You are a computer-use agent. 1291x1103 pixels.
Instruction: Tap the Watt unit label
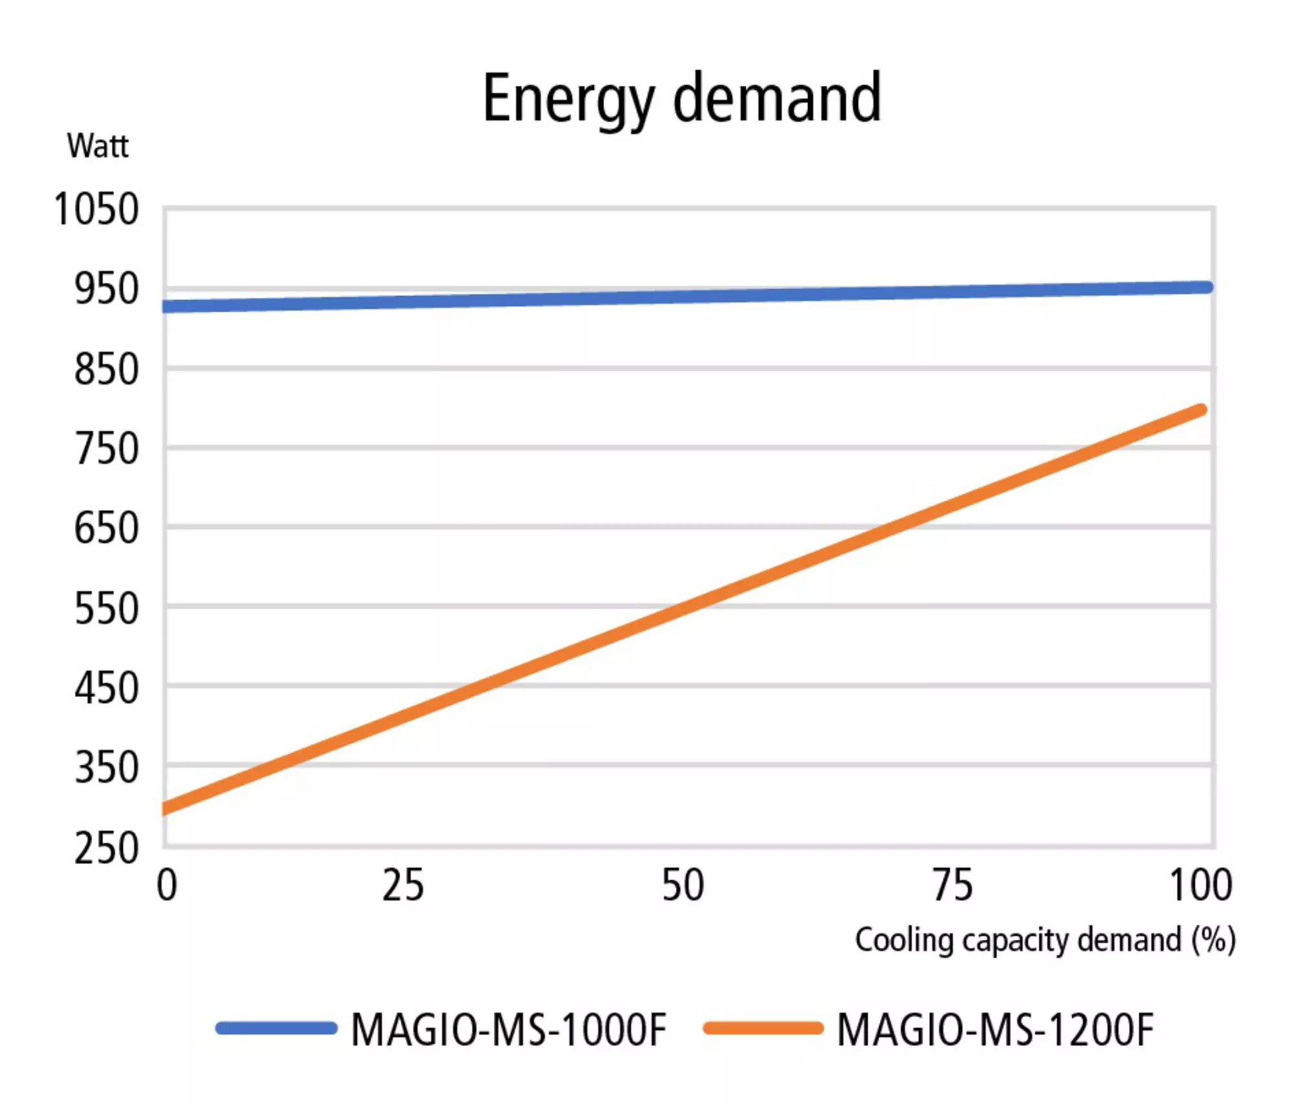click(97, 146)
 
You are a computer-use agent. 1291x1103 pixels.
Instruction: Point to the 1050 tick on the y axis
click(96, 209)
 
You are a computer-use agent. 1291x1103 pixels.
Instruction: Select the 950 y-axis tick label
click(107, 288)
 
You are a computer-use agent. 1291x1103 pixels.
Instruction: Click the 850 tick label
click(107, 369)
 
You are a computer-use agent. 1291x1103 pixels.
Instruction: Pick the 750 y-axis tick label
click(107, 449)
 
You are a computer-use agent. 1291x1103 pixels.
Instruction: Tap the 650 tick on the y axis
click(107, 529)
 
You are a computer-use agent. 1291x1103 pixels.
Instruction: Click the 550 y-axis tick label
click(107, 609)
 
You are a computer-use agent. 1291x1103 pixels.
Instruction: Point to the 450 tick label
click(107, 688)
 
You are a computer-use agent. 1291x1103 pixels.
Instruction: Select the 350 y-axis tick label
click(107, 768)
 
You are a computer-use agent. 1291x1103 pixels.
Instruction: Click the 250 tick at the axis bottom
click(107, 848)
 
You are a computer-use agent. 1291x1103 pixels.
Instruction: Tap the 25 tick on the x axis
click(403, 885)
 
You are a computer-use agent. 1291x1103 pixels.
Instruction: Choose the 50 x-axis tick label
click(683, 885)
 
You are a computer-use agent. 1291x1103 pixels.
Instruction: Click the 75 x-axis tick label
click(953, 885)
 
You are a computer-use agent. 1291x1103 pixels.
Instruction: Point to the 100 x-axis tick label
click(1201, 885)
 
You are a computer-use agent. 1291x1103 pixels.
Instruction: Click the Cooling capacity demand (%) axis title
click(1045, 940)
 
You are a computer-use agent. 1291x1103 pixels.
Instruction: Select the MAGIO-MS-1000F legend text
click(508, 1029)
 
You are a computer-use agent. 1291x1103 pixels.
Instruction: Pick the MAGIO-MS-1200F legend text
click(995, 1029)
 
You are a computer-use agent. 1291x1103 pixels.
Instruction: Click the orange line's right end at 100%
click(1201, 410)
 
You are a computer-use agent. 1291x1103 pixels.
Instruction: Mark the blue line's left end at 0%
click(167, 307)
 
